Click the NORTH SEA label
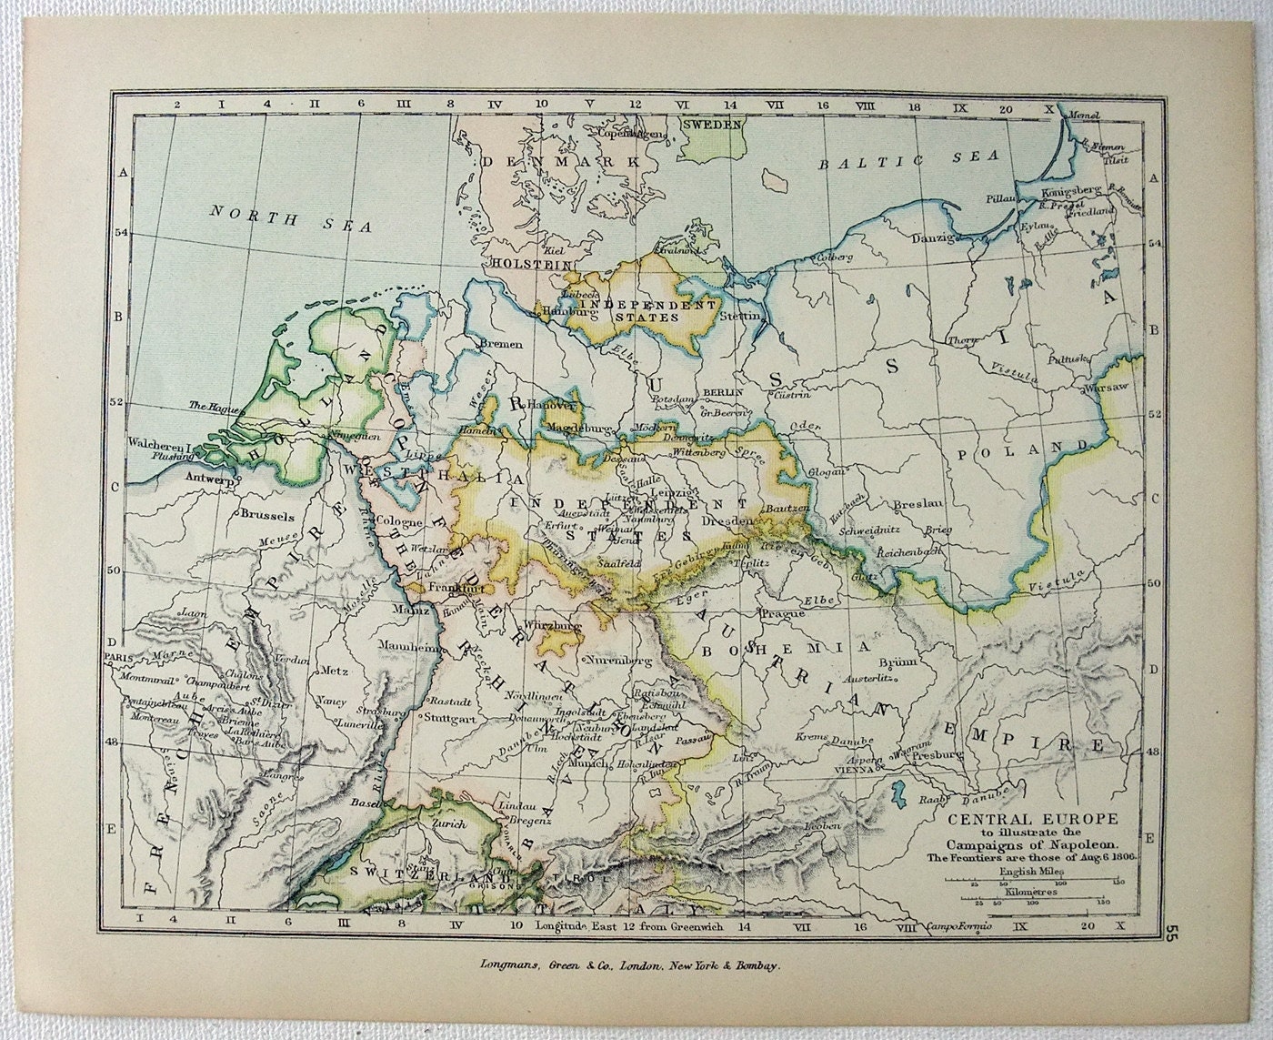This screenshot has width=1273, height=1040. (x=290, y=218)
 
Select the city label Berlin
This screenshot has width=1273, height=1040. (x=723, y=391)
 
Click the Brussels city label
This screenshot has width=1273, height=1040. (x=267, y=514)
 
